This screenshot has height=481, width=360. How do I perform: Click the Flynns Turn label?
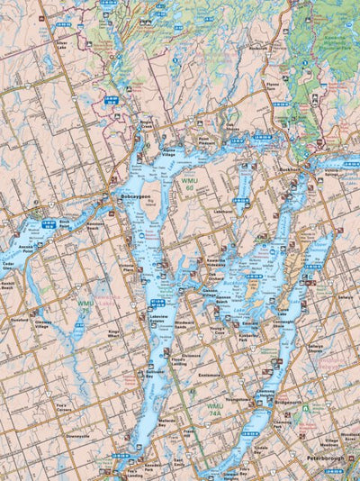(274, 90)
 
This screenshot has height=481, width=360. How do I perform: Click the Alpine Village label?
(168, 155)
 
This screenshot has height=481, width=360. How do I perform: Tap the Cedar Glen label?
(9, 267)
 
